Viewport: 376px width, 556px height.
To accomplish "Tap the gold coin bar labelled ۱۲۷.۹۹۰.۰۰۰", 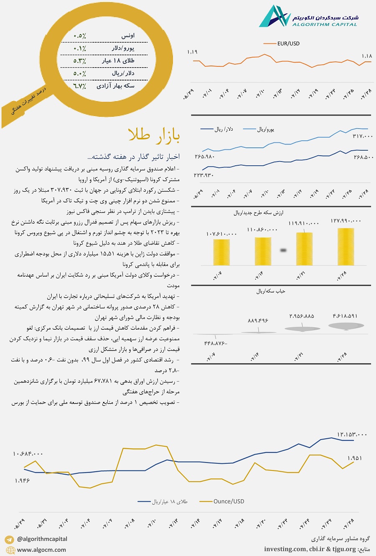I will [346, 247].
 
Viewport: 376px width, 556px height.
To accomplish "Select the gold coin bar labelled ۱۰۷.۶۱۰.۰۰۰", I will [221, 252].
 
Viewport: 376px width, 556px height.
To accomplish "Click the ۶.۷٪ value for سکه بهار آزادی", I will [79, 86].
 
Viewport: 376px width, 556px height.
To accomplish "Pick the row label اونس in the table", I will [128, 36].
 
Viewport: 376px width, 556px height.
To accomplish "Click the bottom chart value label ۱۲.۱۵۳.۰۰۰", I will [352, 435].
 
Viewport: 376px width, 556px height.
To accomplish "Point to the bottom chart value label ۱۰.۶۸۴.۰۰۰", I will [28, 454].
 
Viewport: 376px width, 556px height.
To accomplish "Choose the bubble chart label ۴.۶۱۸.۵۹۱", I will [345, 316].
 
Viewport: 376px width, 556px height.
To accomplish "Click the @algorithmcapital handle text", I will [42, 539].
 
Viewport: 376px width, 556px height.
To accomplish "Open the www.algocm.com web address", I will [41, 550].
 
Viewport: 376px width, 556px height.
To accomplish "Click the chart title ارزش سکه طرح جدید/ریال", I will [258, 213].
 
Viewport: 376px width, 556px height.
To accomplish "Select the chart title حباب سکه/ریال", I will [270, 291].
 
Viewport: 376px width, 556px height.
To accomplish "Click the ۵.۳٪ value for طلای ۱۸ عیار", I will [79, 61].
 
